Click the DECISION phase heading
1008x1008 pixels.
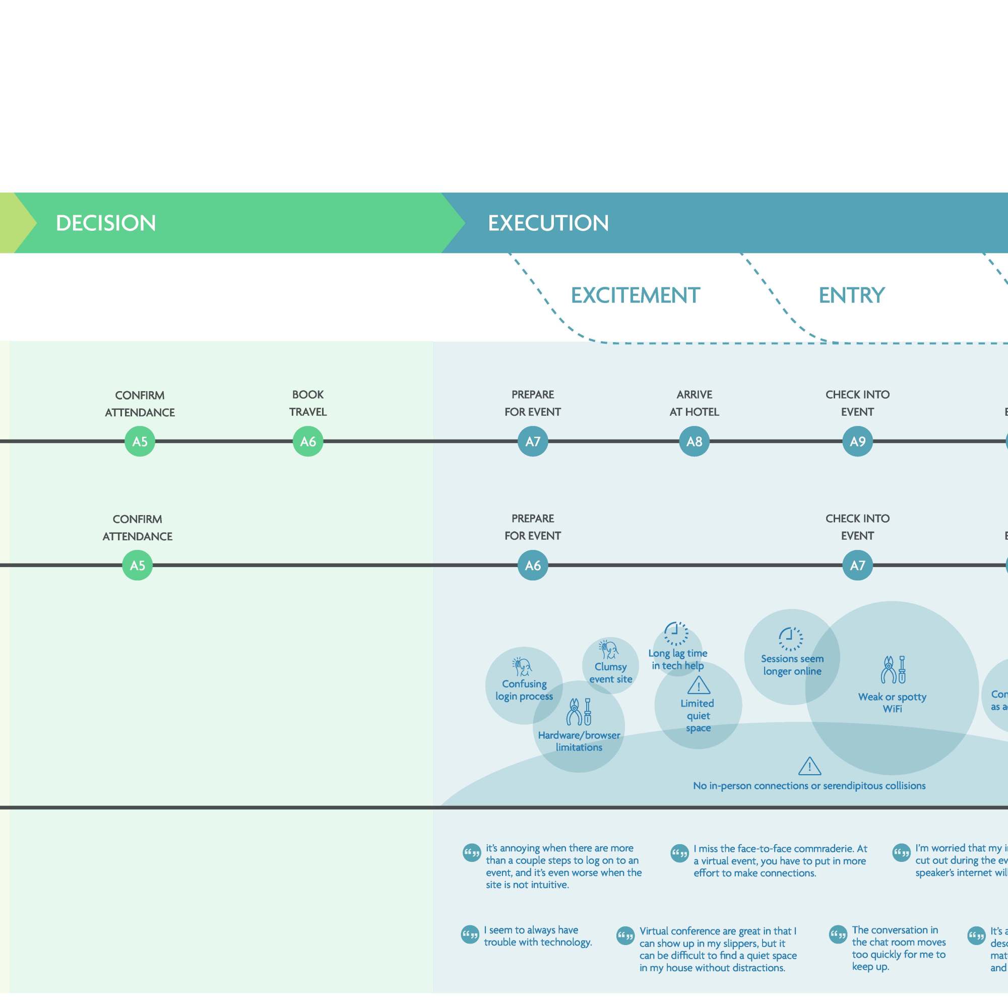106,223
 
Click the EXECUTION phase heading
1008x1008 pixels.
548,223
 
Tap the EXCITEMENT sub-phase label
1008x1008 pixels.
635,295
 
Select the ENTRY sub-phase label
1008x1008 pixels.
851,295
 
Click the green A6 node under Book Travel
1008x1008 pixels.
308,442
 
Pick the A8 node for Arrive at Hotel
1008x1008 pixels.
694,442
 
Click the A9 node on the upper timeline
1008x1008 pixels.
857,442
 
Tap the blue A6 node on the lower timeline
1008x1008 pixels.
533,565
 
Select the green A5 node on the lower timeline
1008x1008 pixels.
137,565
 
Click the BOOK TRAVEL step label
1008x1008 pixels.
308,403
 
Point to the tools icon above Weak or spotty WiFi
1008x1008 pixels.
893,670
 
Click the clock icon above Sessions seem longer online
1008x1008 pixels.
791,639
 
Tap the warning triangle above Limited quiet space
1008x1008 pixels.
699,685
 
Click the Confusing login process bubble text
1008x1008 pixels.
524,690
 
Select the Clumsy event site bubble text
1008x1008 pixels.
610,672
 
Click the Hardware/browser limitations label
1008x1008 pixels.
579,741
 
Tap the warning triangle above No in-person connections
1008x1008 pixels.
810,766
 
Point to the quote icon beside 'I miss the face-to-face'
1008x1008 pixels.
679,854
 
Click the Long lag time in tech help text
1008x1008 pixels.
677,659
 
